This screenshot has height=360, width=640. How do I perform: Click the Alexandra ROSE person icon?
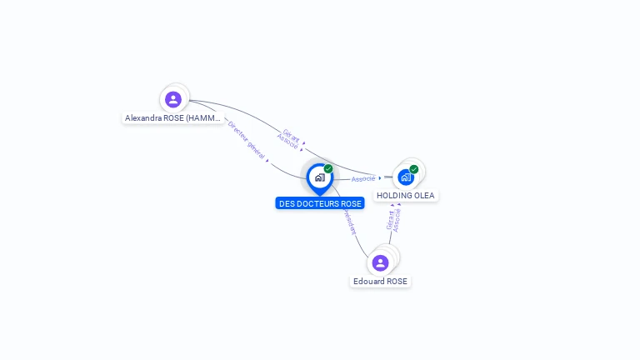coord(173,99)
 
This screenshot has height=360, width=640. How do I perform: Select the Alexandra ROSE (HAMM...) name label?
coord(173,118)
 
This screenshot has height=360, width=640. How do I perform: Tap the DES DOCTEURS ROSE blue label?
coord(320,203)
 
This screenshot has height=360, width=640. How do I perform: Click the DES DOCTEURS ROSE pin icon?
coord(319,177)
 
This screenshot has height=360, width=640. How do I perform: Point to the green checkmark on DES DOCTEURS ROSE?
coord(328,169)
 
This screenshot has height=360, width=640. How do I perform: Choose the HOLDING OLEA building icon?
coord(406,177)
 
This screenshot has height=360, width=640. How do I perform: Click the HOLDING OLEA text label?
coord(406,196)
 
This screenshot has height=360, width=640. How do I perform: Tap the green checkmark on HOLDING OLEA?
coord(414,169)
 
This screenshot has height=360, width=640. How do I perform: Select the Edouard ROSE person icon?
coord(381,263)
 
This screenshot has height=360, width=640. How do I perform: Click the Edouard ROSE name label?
coord(381,282)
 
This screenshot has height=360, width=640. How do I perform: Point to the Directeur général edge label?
coord(247,138)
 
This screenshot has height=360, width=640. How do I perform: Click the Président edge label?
coord(349,220)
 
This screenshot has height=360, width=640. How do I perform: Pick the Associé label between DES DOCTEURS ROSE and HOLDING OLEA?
coord(362,178)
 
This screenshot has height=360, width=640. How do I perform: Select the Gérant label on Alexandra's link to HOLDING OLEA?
coord(292,134)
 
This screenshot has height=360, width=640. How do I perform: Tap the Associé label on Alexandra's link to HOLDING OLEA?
coord(287,142)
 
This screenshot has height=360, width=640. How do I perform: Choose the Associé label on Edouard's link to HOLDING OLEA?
coord(397,220)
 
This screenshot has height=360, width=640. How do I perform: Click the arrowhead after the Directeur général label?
coord(267,159)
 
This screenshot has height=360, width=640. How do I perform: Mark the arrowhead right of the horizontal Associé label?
coord(380,177)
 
